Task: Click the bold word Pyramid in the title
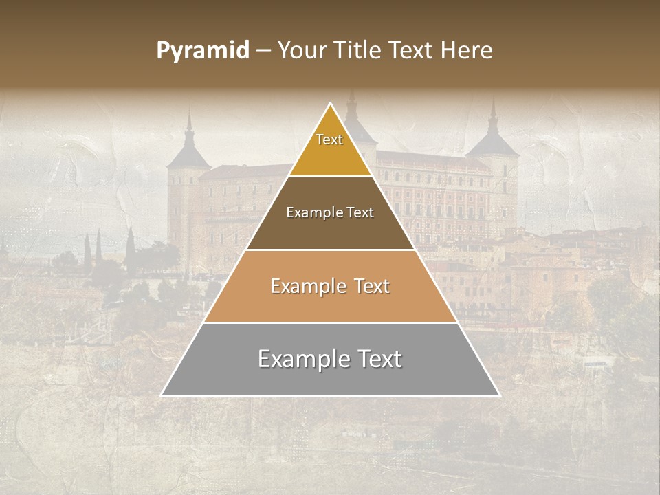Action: click(x=203, y=51)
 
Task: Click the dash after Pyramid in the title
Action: click(x=263, y=52)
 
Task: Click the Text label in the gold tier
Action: click(x=329, y=140)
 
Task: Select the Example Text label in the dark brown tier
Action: click(x=330, y=212)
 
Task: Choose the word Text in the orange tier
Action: click(x=371, y=286)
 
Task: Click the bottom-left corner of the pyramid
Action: click(x=162, y=395)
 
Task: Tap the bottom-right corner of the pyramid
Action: click(x=499, y=395)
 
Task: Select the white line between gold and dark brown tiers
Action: click(x=330, y=176)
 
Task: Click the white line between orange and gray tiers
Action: click(x=330, y=322)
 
